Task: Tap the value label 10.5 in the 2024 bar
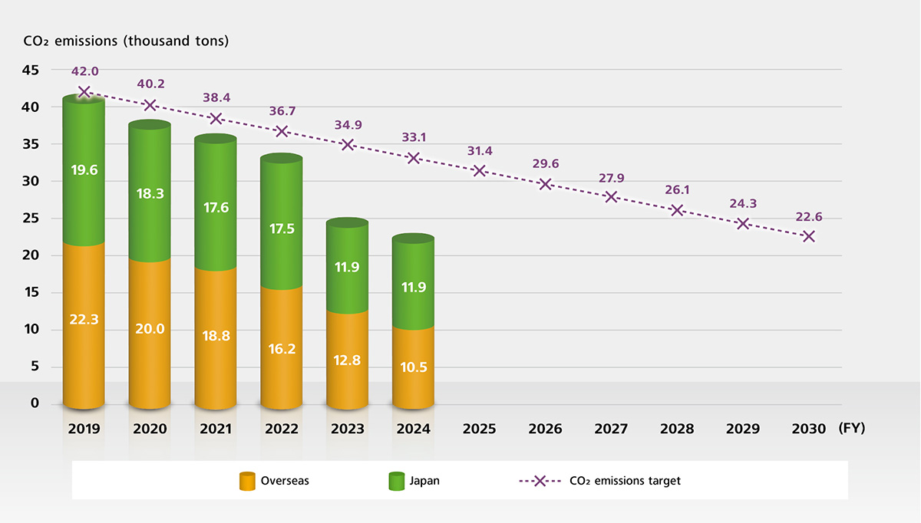pyautogui.click(x=414, y=367)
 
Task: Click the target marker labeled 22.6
pyautogui.click(x=808, y=236)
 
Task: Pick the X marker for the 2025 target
pyautogui.click(x=480, y=170)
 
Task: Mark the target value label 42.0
pyautogui.click(x=84, y=71)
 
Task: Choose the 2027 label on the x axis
pyautogui.click(x=611, y=429)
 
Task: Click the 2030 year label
pyautogui.click(x=808, y=429)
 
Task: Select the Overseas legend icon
pyautogui.click(x=247, y=481)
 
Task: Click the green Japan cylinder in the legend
pyautogui.click(x=396, y=481)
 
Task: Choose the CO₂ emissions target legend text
pyautogui.click(x=625, y=481)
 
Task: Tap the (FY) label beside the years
pyautogui.click(x=852, y=428)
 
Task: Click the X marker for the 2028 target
pyautogui.click(x=677, y=210)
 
